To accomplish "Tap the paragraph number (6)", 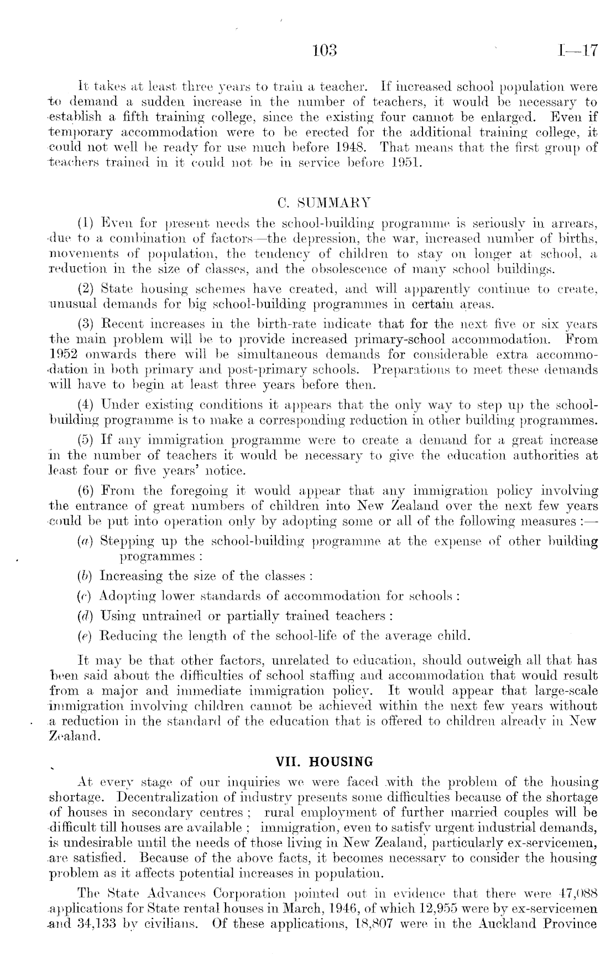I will [x=89, y=491].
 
